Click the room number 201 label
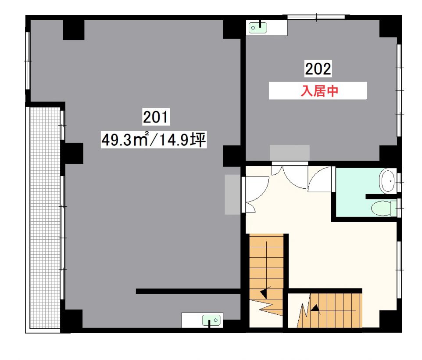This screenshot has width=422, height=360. tap(156, 117)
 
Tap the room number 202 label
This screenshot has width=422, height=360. tap(318, 68)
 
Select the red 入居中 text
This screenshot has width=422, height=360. tap(319, 91)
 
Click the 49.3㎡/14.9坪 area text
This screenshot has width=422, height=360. tap(154, 140)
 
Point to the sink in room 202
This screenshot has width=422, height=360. tap(258, 28)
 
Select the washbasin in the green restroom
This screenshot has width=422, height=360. tap(387, 181)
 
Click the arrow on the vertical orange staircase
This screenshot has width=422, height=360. tap(264, 293)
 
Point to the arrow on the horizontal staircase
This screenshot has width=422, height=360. tap(315, 309)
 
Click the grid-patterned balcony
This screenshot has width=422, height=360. tap(45, 218)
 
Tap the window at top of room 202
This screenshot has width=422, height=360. tap(316, 17)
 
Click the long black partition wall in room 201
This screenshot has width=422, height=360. tap(188, 291)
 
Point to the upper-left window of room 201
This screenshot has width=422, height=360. tap(28, 61)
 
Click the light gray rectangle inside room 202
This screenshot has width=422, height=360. tap(290, 153)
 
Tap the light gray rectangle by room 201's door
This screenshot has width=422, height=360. tap(232, 194)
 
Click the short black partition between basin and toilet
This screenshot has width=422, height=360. tap(381, 197)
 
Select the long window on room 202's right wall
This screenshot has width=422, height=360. tap(399, 90)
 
